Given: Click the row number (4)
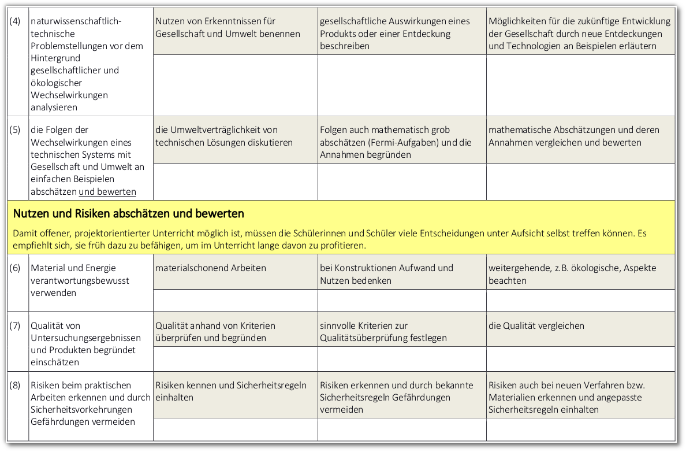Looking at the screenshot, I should tap(16, 21).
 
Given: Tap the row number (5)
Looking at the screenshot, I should tap(16, 130).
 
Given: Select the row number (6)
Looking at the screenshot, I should tap(16, 268).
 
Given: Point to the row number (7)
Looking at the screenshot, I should tap(16, 326).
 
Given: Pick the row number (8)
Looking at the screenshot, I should tap(16, 386).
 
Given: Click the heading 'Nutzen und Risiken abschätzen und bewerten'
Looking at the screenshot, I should tap(128, 214).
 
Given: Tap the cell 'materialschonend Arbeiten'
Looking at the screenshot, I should tap(211, 268).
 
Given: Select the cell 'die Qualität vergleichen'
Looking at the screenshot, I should tap(536, 326).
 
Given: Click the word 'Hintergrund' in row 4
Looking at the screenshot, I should tap(55, 58).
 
